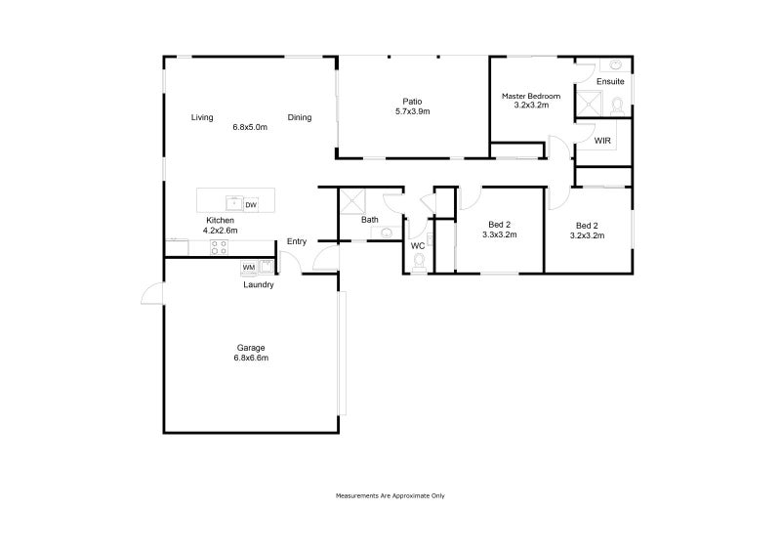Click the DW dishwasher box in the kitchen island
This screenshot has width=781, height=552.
point(251,204)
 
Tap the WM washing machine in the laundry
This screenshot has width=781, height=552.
point(248,267)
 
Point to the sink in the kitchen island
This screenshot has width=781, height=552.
point(234,204)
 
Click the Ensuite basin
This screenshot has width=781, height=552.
point(616,65)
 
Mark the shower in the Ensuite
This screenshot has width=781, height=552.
point(588,105)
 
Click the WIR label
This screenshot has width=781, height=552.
point(603,141)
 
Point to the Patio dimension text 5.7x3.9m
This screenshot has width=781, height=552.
point(412,111)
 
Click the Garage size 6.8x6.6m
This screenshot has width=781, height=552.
point(251,359)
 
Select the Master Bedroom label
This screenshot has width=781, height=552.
point(531,96)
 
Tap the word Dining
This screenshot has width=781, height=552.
point(300,118)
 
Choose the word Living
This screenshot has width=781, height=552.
point(202,118)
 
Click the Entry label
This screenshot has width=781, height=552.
point(297,241)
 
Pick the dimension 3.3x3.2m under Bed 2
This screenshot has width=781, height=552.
point(499,235)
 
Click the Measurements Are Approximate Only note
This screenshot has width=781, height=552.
point(390,495)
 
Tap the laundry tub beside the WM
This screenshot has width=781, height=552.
point(266,267)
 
